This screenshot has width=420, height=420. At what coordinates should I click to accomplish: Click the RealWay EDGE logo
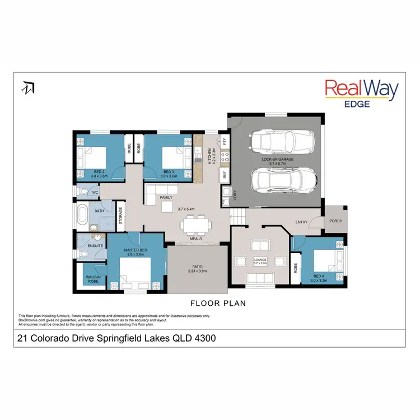click(362, 93)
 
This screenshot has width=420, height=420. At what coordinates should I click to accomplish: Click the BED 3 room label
click(169, 171)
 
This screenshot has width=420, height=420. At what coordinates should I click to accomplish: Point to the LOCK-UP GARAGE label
click(277, 159)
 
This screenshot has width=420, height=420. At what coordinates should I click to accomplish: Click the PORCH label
click(335, 221)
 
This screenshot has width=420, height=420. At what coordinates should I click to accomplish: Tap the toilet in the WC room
click(82, 192)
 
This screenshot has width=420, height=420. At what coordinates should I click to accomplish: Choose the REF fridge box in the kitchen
click(225, 175)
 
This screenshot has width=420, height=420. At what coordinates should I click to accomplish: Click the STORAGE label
click(120, 216)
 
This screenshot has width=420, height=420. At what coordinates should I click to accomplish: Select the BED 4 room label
click(318, 277)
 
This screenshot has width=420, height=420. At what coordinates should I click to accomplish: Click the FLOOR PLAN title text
click(218, 303)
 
